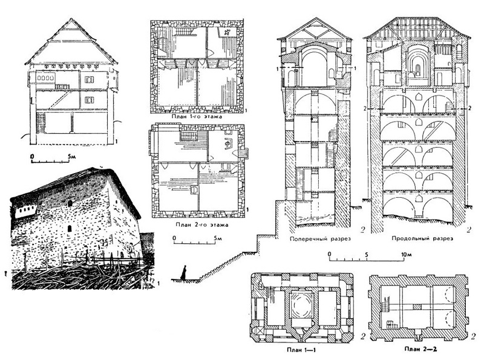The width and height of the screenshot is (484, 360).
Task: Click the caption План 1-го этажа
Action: click(198, 117)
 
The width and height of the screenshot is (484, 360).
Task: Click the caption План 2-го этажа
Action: click(202, 224)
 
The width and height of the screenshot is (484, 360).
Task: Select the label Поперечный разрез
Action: click(320, 238)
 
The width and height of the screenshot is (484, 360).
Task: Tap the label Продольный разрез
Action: click(422, 238)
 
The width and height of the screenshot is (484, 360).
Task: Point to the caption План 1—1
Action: click(301, 350)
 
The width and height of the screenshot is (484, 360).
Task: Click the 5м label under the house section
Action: click(71, 157)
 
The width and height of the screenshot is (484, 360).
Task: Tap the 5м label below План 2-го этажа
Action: click(218, 238)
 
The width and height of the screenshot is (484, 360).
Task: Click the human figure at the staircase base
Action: click(185, 273)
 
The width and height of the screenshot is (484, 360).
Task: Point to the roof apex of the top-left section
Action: click(71, 19)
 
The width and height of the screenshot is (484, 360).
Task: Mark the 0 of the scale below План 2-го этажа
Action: click(174, 238)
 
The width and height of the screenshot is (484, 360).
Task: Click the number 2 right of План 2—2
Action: click(474, 336)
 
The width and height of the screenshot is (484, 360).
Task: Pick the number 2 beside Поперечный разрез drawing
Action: click(362, 229)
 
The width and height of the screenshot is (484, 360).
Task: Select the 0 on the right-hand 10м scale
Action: click(330, 254)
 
